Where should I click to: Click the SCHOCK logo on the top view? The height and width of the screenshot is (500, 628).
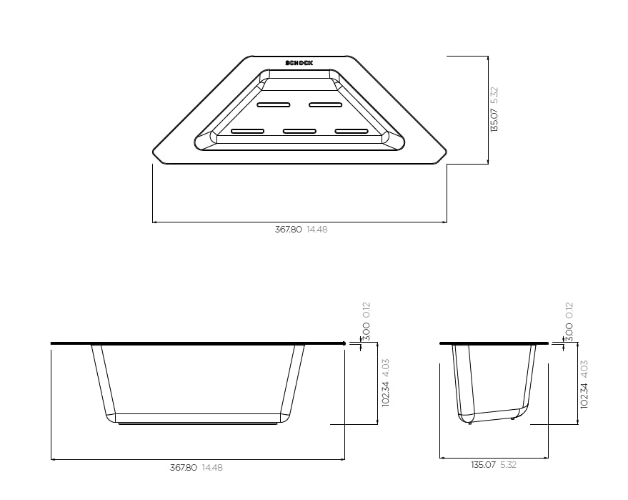(x=299, y=63)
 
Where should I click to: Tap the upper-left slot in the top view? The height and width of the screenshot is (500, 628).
(x=274, y=104)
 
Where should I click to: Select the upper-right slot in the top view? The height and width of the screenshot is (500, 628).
(x=326, y=104)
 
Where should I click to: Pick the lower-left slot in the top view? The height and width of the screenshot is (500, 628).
(x=247, y=131)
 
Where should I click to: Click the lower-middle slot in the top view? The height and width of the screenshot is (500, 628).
(x=299, y=131)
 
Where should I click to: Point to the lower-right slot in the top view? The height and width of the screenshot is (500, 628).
(x=352, y=131)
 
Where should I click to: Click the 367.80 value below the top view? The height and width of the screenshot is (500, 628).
(x=289, y=230)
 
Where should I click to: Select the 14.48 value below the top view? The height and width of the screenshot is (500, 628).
(x=317, y=230)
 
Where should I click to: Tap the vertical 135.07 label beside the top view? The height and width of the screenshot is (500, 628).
(x=494, y=120)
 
